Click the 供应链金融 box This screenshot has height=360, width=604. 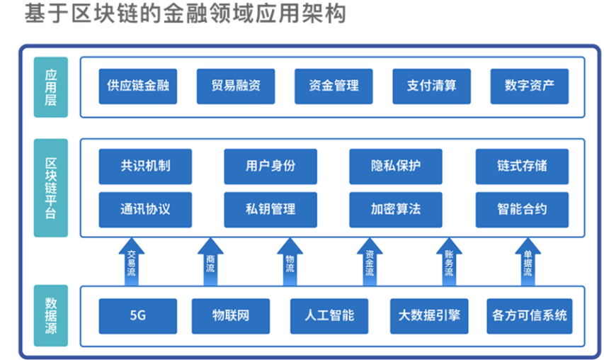tap(137, 86)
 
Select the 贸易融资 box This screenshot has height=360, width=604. tap(236, 86)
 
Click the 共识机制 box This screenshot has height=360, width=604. tap(145, 167)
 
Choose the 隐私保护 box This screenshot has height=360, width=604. tap(396, 167)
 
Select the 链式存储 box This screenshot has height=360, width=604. tap(522, 167)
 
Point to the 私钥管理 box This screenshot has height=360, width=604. tap(270, 210)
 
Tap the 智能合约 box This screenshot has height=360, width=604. tap(522, 210)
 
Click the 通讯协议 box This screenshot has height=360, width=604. tap(145, 210)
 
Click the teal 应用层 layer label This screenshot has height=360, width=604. tap(50, 86)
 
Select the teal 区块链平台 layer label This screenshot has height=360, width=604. tap(50, 188)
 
